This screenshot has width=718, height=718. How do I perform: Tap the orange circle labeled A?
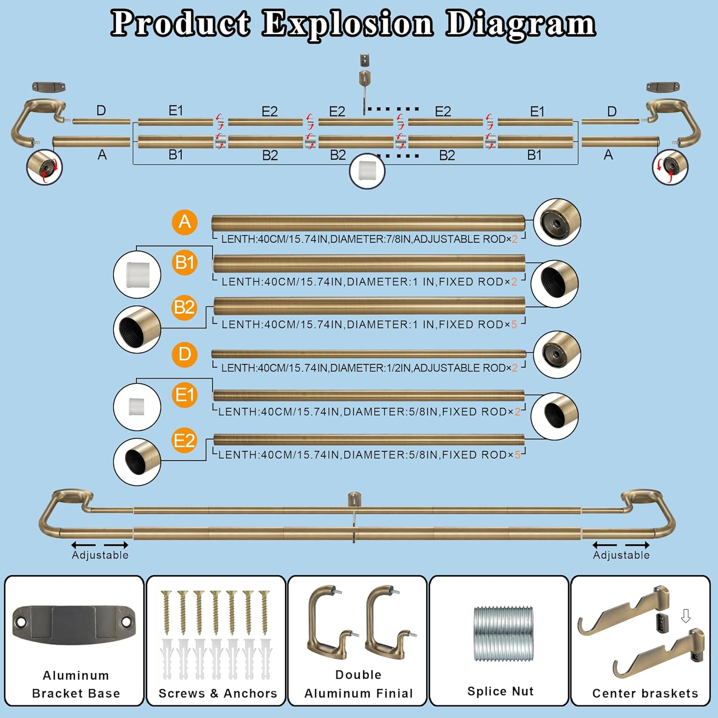[185, 222]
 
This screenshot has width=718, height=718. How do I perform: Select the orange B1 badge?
[185, 263]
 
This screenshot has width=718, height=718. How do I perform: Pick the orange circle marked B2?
[185, 307]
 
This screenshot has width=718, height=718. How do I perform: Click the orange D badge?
[185, 354]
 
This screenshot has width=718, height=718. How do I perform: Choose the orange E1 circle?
[185, 395]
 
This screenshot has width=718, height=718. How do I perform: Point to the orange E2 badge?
[185, 440]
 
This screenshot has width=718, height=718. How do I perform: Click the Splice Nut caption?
[500, 691]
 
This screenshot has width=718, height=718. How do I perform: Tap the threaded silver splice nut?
[503, 634]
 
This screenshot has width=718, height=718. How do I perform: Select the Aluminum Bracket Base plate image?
[74, 625]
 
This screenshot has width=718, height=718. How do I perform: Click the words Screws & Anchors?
[218, 693]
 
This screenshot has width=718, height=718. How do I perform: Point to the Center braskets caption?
[645, 693]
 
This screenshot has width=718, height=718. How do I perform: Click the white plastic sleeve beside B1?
[137, 275]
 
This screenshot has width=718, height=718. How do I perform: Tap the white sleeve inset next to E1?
[137, 407]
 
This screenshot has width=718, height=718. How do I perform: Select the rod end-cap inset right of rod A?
[557, 223]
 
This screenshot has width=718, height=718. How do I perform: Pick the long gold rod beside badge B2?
[369, 306]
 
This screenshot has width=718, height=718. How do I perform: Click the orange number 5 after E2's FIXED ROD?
[517, 455]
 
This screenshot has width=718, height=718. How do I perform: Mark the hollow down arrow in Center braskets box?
[685, 616]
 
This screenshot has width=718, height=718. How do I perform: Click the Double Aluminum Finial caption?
[359, 684]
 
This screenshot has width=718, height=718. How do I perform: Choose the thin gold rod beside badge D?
[369, 354]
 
